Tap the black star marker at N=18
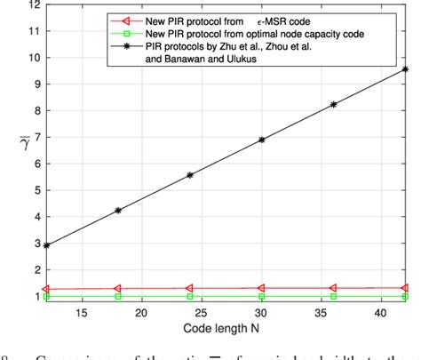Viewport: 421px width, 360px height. click(x=117, y=210)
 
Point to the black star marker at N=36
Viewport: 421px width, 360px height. click(x=334, y=104)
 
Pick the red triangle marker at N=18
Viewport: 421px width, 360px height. click(x=117, y=288)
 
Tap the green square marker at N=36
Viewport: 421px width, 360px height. click(x=334, y=296)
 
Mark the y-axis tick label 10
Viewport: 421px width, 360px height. click(x=33, y=57)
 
